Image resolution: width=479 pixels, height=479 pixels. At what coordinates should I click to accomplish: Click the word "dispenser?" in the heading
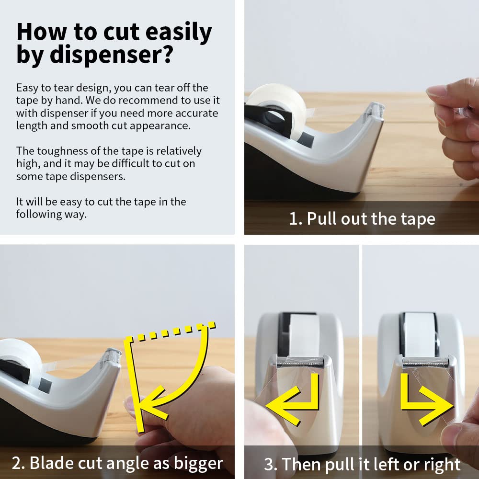111,55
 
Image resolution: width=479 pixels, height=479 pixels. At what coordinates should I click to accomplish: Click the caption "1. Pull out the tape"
362,219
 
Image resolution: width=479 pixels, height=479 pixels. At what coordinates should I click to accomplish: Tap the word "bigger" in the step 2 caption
199,463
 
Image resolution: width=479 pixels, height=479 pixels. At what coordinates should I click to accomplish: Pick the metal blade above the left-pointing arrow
300,362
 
